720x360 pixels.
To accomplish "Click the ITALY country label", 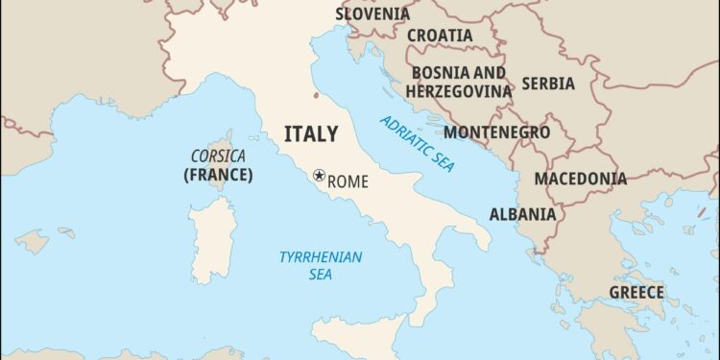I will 311,133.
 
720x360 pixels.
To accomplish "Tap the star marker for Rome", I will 319,176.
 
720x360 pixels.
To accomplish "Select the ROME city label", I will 348,181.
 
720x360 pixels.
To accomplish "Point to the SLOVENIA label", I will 372,13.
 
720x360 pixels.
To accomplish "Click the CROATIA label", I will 440,36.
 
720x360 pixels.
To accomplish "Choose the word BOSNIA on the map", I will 444,72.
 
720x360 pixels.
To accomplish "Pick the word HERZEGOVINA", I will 458,90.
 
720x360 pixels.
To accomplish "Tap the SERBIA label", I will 548,84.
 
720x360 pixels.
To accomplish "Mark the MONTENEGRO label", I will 496,132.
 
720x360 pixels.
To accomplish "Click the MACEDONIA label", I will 580,179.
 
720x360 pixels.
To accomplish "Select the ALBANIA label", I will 522,214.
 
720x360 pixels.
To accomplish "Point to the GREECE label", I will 636,292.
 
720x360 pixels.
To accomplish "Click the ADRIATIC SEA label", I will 418,143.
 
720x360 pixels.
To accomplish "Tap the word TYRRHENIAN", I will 321,256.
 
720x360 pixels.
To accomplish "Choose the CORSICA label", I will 218,156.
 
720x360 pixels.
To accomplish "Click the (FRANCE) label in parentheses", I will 218,175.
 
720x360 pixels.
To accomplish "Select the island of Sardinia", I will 211,239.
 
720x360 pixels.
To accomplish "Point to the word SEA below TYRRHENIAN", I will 321,275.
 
